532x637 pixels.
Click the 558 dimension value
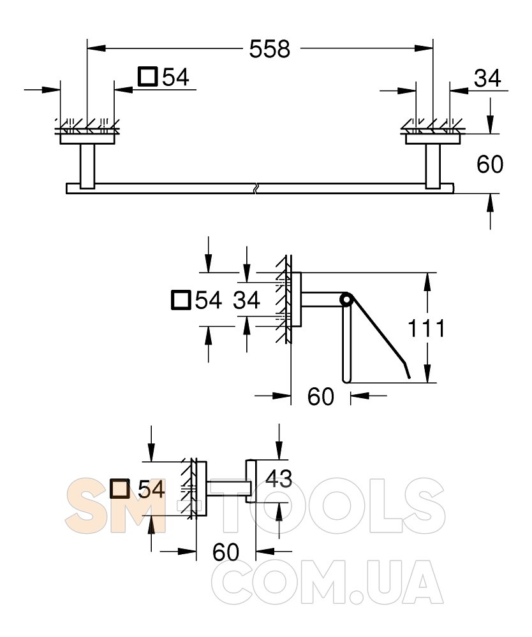pos(270,49)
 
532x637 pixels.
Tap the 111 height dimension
pos(426,328)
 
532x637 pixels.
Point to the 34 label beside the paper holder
pos(246,301)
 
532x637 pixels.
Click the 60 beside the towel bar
pos(490,164)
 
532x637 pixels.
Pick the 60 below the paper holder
pos(320,396)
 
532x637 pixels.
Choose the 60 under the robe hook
pos(226,552)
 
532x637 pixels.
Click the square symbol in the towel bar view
pos(147,76)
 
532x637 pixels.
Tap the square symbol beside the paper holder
pos(181,300)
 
